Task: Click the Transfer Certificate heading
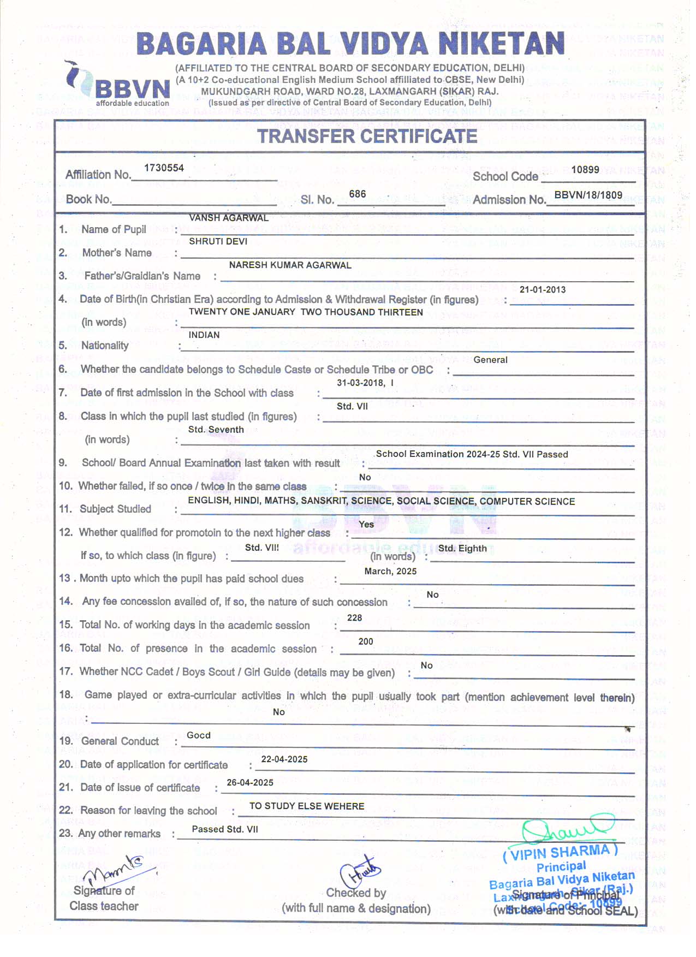367,136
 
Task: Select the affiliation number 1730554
164,168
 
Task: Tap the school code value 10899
585,170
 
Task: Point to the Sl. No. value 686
358,194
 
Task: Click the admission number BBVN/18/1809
588,195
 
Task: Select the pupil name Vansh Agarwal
228,218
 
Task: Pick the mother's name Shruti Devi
218,241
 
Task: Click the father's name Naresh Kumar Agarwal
290,265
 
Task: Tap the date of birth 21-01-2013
542,289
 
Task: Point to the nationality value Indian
204,335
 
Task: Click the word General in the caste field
490,360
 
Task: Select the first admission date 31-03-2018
360,383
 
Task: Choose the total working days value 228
354,617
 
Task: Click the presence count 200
365,641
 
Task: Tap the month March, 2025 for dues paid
390,571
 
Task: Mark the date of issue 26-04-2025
250,782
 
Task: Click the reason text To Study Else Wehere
307,806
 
